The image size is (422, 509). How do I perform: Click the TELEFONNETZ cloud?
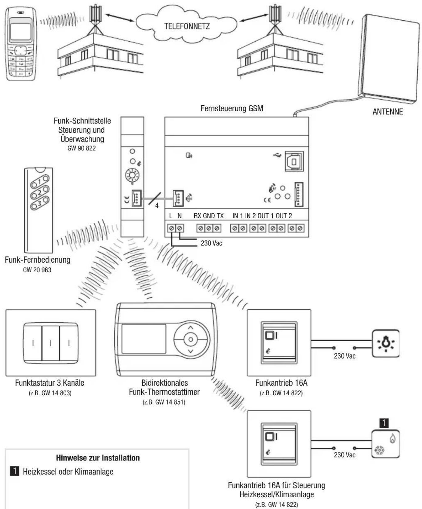[x=187, y=26]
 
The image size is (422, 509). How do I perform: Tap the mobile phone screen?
[x=20, y=31]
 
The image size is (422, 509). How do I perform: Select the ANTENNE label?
[x=387, y=112]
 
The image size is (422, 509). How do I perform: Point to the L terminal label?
[x=171, y=216]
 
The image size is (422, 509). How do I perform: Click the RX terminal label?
[x=197, y=216]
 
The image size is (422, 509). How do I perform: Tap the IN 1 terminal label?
[x=238, y=216]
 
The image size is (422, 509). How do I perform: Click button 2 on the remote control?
[x=40, y=193]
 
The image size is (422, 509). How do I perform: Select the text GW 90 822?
[x=81, y=148]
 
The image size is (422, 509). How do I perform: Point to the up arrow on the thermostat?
[x=191, y=328]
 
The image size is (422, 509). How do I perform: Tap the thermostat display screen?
[x=144, y=339]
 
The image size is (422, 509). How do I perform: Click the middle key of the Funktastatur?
[x=51, y=343]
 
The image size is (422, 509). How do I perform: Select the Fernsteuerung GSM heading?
[x=232, y=109]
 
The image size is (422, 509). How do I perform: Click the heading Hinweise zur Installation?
[x=98, y=458]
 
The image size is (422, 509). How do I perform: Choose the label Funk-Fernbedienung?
[x=38, y=260]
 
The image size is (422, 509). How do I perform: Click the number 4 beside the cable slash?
[x=157, y=206]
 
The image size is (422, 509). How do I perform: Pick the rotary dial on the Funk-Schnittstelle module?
[x=132, y=176]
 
